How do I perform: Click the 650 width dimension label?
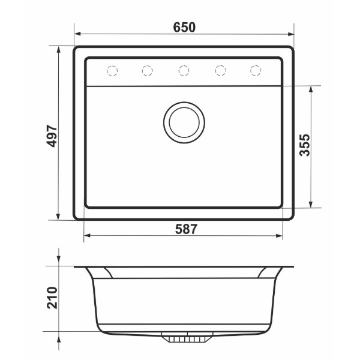point(184,27)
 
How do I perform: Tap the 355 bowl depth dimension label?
point(305,145)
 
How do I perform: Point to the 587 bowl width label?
point(186,229)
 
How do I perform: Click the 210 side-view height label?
point(52,298)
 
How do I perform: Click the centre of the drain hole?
point(184,122)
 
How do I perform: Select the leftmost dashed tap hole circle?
point(112,70)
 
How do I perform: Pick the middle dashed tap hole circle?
point(184,70)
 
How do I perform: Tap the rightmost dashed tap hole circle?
point(256,70)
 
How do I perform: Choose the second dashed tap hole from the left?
point(147,70)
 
